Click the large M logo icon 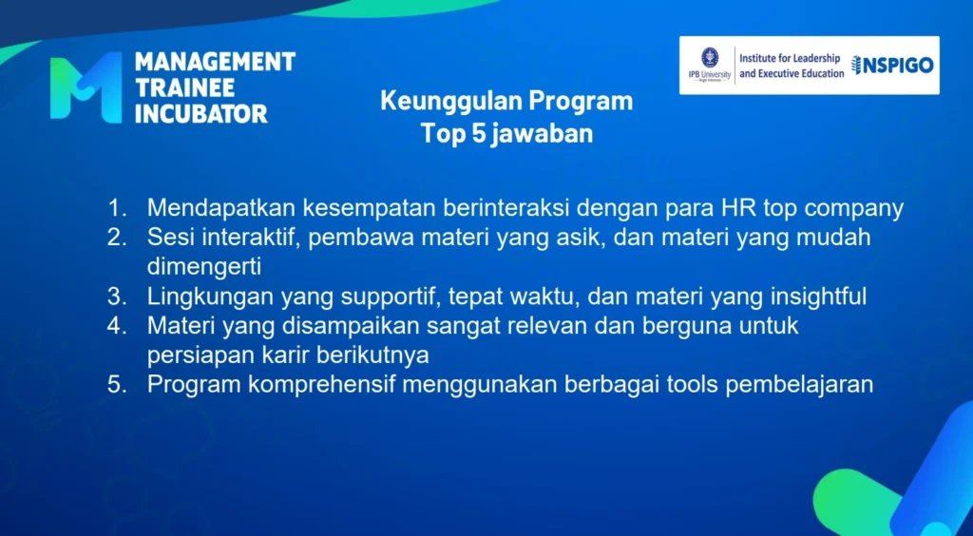tap(86, 86)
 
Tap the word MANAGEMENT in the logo tap(215, 62)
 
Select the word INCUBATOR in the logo tap(201, 113)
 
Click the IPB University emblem tap(710, 57)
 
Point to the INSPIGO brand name tap(892, 66)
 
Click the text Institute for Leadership tap(790, 59)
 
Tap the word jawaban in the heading tap(542, 134)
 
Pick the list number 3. tap(116, 297)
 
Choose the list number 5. tap(116, 385)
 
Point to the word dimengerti tap(204, 267)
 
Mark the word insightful tap(818, 297)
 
